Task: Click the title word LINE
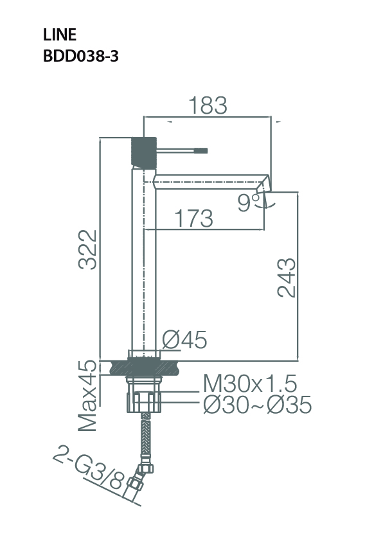point(60,35)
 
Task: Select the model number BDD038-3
point(80,56)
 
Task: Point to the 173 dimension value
point(193,219)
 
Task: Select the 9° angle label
point(247,203)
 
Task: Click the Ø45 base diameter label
point(184,340)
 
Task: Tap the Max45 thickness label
point(88,395)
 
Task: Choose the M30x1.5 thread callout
point(249,384)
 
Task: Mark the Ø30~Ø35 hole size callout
point(256,405)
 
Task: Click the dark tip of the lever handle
point(202,150)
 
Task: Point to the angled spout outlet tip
point(265,182)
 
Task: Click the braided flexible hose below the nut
point(145,443)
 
